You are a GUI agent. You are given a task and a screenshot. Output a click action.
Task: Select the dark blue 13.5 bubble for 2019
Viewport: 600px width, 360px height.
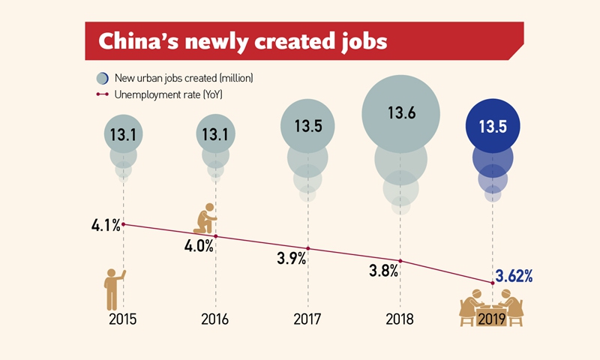(493, 127)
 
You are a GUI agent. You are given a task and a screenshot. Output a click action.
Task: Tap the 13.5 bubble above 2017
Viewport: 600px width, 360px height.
(307, 127)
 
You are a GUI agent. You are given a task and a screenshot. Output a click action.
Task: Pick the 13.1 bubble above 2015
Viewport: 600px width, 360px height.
(123, 135)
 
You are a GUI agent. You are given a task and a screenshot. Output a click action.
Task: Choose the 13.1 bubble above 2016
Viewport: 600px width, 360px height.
(215, 135)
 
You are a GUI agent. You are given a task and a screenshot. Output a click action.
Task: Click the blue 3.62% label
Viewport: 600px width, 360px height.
(514, 276)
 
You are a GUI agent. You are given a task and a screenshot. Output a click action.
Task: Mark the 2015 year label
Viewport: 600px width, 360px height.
(123, 318)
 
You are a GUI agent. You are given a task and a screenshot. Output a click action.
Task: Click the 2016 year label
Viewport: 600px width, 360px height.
(215, 318)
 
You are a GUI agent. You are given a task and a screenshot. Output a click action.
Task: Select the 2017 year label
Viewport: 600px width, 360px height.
(307, 318)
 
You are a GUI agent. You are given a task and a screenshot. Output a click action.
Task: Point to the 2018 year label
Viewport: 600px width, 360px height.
(400, 318)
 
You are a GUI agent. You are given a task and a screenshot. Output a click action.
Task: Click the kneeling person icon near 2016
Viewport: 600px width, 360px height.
(205, 218)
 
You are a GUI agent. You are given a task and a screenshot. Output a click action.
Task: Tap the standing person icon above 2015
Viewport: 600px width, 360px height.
(113, 289)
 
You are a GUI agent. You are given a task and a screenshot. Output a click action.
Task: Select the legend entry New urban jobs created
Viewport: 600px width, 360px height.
(178, 77)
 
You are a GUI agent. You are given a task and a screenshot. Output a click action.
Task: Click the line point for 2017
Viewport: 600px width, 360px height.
(307, 249)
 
